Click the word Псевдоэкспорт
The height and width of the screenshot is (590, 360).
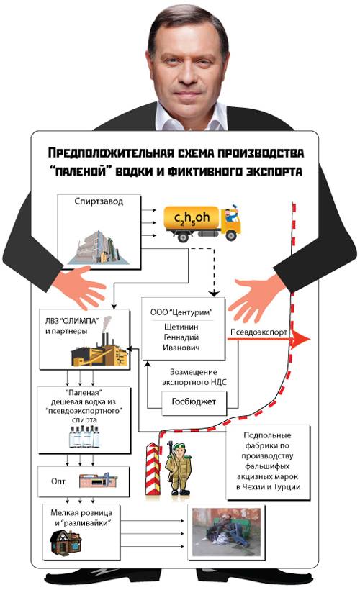[x=258, y=332]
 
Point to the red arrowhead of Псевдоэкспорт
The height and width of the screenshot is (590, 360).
[x=302, y=340]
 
